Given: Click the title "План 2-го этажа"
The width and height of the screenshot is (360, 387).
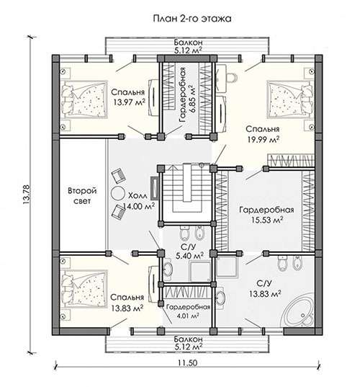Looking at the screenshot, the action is tap(192, 19).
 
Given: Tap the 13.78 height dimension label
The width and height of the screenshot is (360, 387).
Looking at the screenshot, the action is tap(26, 195).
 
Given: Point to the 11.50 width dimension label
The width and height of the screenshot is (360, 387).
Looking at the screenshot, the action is tap(188, 363).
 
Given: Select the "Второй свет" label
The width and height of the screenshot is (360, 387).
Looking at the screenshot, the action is tap(82, 196).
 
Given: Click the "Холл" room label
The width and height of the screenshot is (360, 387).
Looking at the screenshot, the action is tap(138, 196).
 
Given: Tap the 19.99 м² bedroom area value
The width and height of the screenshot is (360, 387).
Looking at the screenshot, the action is tap(264, 139).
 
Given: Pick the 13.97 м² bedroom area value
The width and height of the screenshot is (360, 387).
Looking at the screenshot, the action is tap(129, 102).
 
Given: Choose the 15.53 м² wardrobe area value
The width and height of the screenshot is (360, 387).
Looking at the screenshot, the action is tap(267, 220).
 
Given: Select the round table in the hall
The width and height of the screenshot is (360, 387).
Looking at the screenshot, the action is tap(118, 194).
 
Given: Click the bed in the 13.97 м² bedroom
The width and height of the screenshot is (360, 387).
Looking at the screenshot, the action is tap(84, 99).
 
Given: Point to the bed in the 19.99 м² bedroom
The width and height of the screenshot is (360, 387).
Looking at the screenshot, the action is tap(290, 99).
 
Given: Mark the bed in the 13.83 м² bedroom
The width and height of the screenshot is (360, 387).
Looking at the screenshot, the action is tap(84, 288).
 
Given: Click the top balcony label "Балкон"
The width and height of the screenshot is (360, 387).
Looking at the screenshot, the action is tap(188, 43).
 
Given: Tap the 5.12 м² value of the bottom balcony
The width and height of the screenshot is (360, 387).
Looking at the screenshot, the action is tap(188, 347).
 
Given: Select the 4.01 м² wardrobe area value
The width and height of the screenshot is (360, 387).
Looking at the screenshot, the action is tap(188, 316).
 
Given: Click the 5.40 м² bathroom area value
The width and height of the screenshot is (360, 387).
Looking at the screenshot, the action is tap(189, 256).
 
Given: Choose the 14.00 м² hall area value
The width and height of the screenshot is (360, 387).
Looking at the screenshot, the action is tap(138, 206).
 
